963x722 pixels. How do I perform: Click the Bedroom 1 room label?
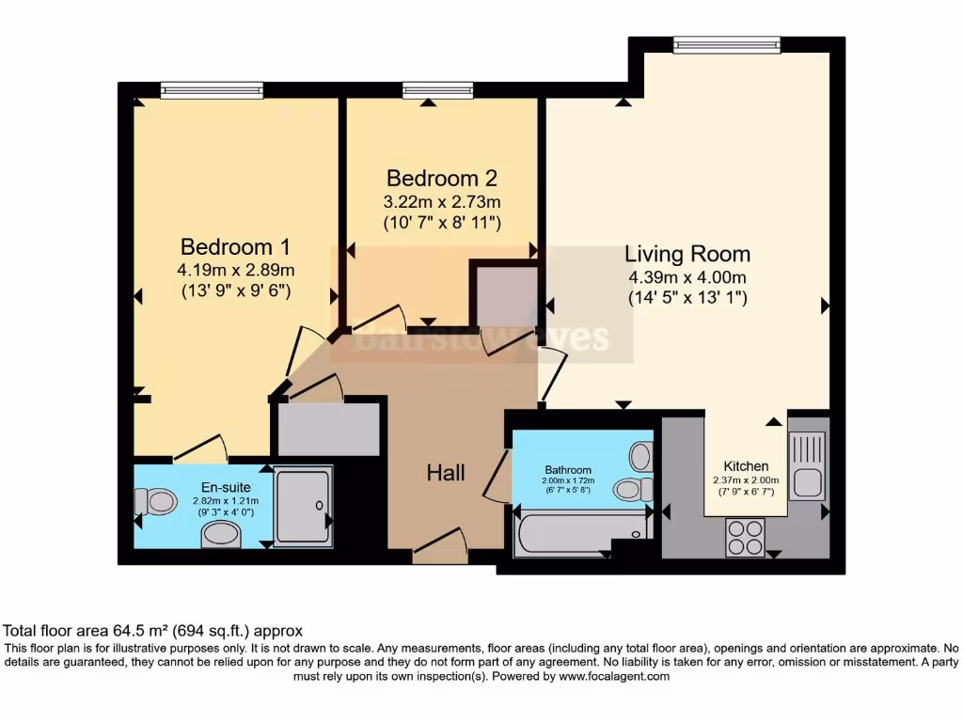tap(235, 247)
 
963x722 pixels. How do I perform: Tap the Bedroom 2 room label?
tap(442, 178)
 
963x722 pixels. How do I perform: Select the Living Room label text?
tap(687, 254)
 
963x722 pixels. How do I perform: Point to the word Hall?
tap(446, 473)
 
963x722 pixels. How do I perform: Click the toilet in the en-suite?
tap(156, 502)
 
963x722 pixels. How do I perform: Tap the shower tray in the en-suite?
tap(303, 506)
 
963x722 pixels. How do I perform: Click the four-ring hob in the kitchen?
tap(745, 539)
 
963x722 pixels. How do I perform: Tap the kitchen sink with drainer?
tap(807, 467)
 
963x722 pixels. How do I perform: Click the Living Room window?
tap(727, 44)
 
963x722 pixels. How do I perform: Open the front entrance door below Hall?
tap(440, 548)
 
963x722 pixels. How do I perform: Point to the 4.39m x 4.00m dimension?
tap(687, 277)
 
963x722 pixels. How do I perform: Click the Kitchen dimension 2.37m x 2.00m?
tap(746, 479)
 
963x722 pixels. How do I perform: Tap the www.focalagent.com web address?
tap(614, 676)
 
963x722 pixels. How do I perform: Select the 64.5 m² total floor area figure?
tap(138, 631)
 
